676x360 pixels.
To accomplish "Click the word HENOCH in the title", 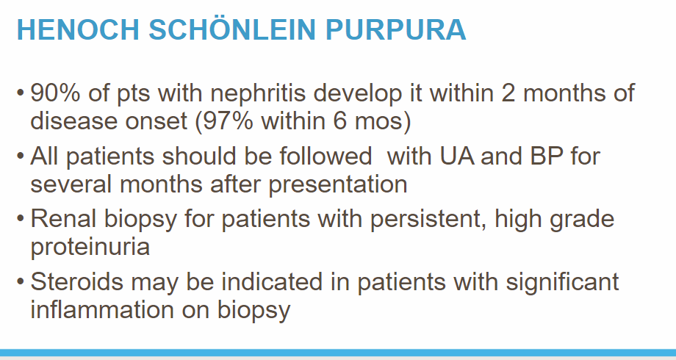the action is [x=78, y=29].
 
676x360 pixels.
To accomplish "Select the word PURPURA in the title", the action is [x=396, y=29].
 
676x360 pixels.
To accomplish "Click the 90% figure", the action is [x=55, y=93].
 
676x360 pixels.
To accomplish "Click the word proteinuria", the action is [x=90, y=248].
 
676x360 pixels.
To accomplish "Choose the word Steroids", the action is [x=76, y=281].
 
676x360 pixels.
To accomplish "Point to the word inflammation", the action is [x=102, y=309].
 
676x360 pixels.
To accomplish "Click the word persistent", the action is [x=428, y=220].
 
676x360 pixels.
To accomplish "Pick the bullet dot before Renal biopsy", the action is [x=20, y=220].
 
